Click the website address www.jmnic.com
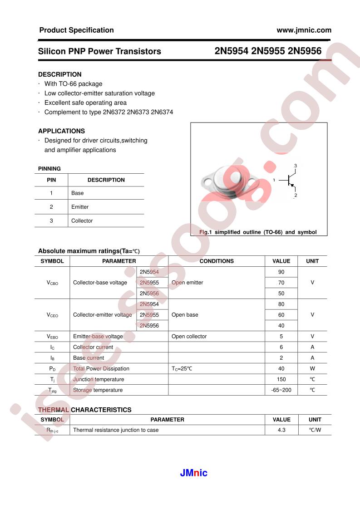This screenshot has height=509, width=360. click(304, 30)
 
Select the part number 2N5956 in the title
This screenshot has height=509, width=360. click(305, 51)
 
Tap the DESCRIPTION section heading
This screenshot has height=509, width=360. click(60, 74)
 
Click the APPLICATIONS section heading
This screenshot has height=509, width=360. click(61, 131)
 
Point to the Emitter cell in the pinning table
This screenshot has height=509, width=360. click(80, 207)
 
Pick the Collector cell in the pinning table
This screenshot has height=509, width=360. click(82, 221)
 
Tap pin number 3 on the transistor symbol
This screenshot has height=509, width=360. click(295, 166)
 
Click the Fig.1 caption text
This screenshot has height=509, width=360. click(258, 232)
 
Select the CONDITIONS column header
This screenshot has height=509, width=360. click(217, 261)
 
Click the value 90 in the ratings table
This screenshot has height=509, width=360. click(281, 272)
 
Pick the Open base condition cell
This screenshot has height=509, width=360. click(185, 315)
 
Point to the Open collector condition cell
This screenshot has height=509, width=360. click(189, 337)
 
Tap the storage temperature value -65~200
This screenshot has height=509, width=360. click(281, 390)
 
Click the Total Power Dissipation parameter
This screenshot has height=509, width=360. click(101, 369)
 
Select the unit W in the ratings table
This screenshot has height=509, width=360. click(312, 369)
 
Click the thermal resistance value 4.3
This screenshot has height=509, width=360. click(281, 430)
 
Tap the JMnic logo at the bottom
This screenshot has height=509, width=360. click(193, 473)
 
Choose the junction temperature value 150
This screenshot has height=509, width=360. click(281, 379)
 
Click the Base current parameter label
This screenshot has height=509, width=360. click(89, 358)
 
